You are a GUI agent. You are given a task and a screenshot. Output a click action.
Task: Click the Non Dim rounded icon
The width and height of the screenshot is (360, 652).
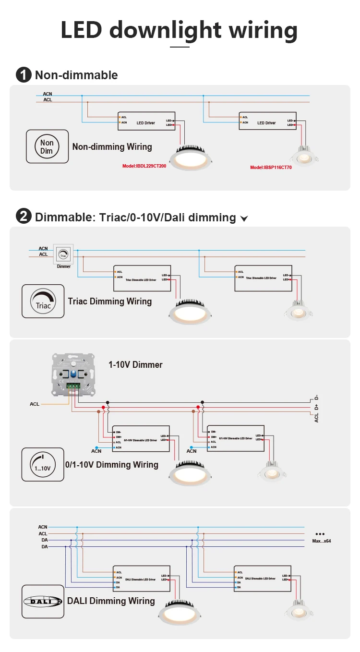47,146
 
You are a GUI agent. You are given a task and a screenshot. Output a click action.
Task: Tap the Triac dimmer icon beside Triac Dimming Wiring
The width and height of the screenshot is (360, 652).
43,301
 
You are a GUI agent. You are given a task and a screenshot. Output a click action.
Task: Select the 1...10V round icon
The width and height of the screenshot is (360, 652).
43,464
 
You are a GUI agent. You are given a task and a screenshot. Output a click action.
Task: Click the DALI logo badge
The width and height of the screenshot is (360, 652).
43,601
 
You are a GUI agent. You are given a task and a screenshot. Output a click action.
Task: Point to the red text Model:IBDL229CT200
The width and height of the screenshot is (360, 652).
144,166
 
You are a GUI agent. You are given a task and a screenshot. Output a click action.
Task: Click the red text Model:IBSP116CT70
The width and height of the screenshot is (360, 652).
271,168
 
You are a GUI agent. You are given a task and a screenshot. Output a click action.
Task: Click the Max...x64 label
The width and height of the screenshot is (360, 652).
321,541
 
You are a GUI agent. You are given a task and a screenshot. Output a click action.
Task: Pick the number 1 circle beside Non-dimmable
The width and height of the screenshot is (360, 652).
23,75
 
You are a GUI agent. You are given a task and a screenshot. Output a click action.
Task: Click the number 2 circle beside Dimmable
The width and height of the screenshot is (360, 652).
23,217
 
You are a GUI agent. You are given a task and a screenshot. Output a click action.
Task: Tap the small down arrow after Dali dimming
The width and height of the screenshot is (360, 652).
244,219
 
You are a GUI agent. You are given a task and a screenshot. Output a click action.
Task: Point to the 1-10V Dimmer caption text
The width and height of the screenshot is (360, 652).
135,364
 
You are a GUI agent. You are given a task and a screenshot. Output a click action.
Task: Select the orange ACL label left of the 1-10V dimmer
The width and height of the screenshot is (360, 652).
35,404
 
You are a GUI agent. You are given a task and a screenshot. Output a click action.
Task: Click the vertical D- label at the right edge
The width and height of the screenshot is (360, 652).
316,398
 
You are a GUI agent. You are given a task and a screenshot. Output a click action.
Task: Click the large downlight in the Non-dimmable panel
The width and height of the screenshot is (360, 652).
192,158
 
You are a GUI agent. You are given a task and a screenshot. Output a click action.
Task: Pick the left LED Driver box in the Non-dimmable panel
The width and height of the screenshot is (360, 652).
145,122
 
